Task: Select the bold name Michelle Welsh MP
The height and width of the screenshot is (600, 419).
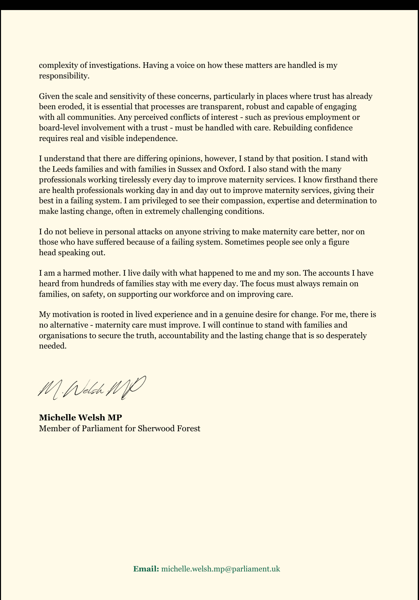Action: (80, 417)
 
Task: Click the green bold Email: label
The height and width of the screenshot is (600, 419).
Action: (146, 569)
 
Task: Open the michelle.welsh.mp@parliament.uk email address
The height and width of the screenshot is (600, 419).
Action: (221, 569)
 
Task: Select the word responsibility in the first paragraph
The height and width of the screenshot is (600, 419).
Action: (64, 76)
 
